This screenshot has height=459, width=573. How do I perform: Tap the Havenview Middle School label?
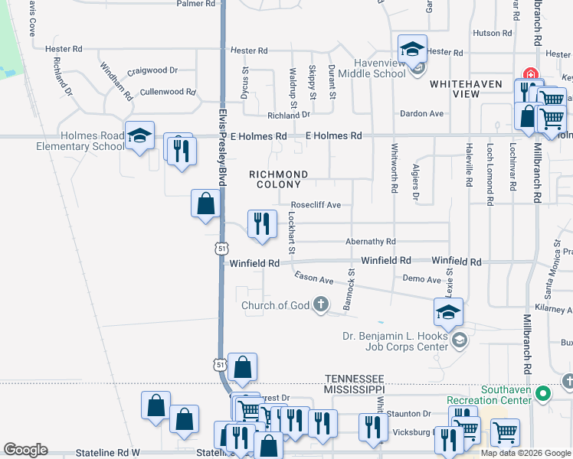368,68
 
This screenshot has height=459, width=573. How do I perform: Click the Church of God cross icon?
321,305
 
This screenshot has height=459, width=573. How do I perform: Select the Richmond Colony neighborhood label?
279,179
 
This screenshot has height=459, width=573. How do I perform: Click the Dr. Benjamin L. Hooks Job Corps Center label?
395,342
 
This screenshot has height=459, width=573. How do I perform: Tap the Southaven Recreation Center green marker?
543,394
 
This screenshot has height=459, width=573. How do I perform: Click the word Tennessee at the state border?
353,379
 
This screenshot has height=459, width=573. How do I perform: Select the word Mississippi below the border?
353,389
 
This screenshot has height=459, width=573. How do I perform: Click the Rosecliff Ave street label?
316,206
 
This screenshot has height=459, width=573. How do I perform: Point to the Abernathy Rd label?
370,242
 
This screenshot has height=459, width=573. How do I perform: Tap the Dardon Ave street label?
421,114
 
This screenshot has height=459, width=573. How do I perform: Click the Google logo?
25,450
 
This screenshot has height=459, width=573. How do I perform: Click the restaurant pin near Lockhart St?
262,224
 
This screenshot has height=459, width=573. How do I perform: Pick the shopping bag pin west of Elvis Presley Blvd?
205,204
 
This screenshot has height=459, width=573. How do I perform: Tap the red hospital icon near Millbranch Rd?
529,75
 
